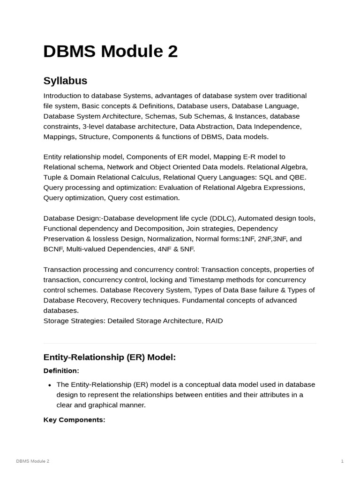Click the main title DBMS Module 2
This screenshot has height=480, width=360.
point(110,52)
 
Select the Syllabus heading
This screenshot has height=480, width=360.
point(65,81)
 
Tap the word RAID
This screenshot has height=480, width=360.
point(214,321)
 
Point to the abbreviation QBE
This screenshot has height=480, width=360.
point(297,177)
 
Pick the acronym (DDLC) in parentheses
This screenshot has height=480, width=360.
point(224,218)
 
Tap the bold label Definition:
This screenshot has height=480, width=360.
point(61,371)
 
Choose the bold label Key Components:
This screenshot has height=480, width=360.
point(74,420)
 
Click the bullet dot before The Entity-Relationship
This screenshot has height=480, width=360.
point(50,385)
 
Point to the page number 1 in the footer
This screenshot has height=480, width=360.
point(342,461)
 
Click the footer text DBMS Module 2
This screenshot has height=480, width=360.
point(32,461)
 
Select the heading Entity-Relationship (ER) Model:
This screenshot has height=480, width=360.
point(109,357)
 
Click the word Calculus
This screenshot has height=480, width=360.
point(143,177)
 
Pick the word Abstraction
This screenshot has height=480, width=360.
point(215,127)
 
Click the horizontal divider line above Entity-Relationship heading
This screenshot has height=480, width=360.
point(180,343)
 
